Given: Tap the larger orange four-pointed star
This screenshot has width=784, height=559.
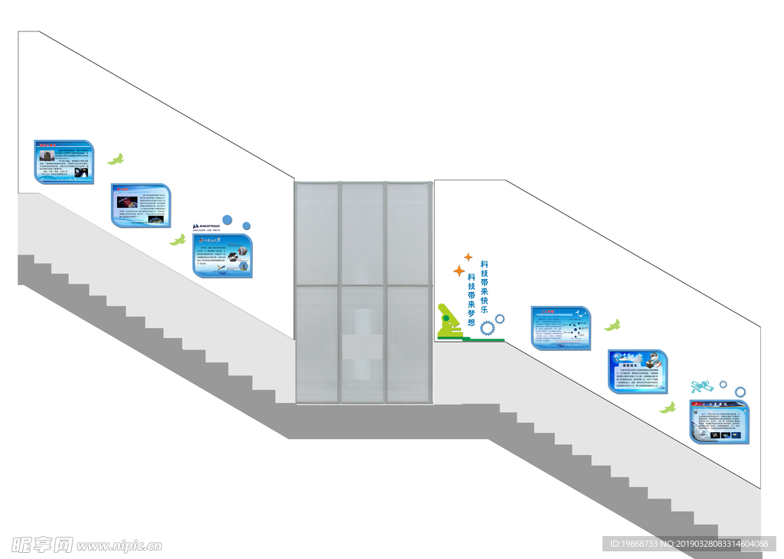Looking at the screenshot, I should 459,271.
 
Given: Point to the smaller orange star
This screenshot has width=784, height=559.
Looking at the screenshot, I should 468,257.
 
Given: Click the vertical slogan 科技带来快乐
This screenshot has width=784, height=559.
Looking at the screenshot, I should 484,287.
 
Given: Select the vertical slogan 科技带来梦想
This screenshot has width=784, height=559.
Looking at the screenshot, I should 471,300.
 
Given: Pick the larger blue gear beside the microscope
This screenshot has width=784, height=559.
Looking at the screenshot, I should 487,327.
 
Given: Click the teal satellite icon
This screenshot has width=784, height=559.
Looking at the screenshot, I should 702,387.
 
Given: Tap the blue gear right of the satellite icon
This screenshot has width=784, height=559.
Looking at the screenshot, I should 740,392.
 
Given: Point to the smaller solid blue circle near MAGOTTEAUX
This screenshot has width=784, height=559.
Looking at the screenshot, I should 247,226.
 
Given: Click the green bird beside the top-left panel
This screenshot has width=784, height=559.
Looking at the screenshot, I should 116,159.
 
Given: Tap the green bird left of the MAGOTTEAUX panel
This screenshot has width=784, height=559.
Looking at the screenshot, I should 178,240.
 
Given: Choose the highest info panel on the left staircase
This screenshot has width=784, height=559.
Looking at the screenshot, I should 63,161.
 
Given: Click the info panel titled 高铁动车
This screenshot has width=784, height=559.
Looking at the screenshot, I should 638,372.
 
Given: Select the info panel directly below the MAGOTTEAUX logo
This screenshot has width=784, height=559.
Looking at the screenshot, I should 222,255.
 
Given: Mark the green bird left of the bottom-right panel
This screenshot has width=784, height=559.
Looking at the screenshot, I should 668,408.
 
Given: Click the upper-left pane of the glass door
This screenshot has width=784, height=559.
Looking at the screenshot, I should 317,234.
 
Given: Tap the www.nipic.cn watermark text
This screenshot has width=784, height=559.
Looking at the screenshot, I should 119,546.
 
